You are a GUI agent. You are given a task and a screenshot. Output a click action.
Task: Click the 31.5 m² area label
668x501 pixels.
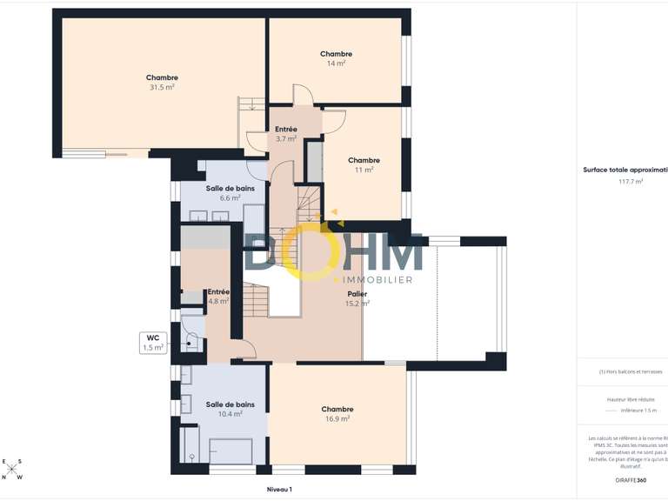[x=162, y=87]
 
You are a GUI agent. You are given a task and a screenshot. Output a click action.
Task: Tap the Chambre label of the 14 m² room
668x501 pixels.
[x=336, y=54]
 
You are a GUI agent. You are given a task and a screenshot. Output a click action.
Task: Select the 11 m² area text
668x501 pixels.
[x=364, y=170]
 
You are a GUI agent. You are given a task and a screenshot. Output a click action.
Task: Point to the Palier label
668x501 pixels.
[x=357, y=294]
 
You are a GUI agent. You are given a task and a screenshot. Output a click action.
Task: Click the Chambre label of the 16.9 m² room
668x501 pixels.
[x=337, y=409]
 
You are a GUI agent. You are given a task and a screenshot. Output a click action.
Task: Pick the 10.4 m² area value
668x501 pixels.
[x=230, y=414]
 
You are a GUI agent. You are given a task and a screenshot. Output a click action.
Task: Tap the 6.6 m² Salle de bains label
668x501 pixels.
[x=230, y=188]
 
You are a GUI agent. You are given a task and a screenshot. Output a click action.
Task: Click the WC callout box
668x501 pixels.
[x=152, y=342]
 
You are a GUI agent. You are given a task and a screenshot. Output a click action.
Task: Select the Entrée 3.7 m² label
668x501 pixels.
[x=286, y=129]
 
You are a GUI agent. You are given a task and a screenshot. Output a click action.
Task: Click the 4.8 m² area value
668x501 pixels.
[x=218, y=301]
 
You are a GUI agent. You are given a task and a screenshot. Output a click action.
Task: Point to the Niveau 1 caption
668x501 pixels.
[x=279, y=490]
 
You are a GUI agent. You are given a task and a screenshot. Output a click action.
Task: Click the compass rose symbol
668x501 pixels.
[x=13, y=470]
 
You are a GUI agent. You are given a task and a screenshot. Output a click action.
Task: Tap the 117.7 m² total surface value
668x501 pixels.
[x=631, y=182]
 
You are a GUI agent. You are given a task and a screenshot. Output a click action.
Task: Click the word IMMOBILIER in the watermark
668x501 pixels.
[x=373, y=280]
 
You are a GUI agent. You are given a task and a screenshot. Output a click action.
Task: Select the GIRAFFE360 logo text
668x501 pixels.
[x=631, y=480]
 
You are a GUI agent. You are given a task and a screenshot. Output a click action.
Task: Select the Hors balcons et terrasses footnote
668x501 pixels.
[x=631, y=371]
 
